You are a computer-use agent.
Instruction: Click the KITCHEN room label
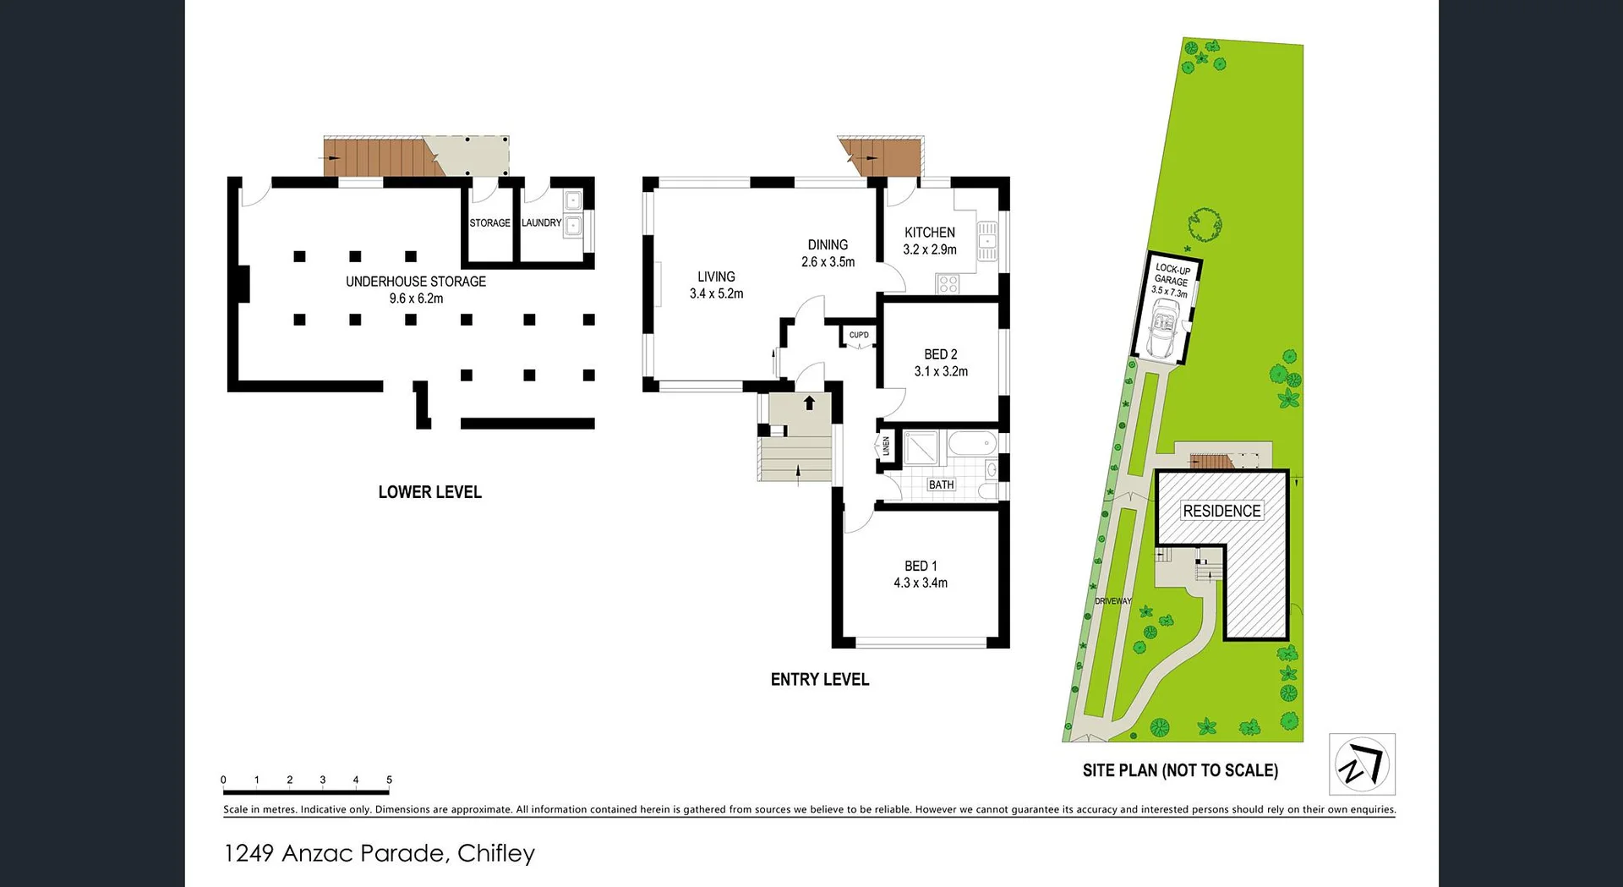click(929, 233)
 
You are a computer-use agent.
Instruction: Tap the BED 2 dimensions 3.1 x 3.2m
click(941, 371)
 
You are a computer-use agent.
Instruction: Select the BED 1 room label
click(921, 566)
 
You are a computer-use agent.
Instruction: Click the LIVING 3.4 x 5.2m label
click(716, 285)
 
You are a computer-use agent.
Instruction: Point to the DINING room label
click(828, 244)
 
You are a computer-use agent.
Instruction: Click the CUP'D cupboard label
click(859, 335)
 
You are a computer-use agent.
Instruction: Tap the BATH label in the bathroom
click(941, 485)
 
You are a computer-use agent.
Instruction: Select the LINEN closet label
click(886, 446)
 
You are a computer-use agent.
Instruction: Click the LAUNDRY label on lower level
click(541, 222)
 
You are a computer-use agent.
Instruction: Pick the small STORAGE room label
click(489, 223)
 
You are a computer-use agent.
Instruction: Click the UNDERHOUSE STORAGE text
click(415, 282)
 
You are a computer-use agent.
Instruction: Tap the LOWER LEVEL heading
click(429, 492)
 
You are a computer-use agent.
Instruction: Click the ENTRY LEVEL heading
click(819, 679)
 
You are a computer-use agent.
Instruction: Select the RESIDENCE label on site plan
click(1221, 511)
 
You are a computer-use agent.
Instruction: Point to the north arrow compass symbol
click(1361, 764)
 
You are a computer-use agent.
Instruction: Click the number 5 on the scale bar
click(389, 780)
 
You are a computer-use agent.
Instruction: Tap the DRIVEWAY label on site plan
click(1112, 601)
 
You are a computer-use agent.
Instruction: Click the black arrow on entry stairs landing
click(809, 402)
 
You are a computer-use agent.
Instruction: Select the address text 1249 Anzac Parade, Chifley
click(379, 853)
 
